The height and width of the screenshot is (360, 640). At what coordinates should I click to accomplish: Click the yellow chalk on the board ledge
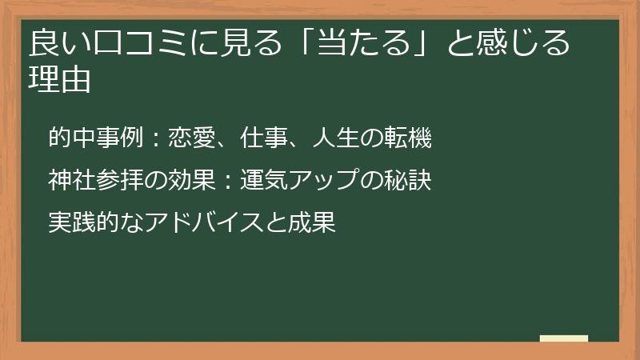(x=564, y=338)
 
